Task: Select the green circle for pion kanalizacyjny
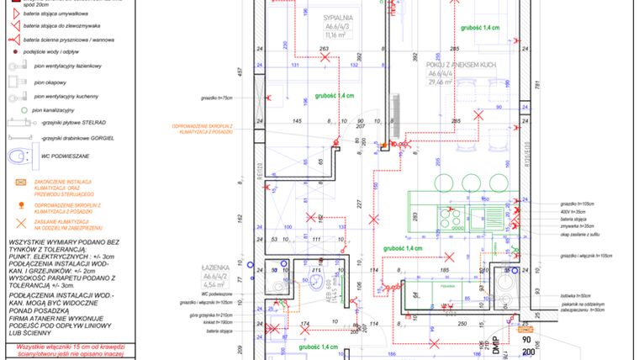pyautogui.click(x=13, y=110)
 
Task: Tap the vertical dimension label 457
pyautogui.click(x=240, y=72)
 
